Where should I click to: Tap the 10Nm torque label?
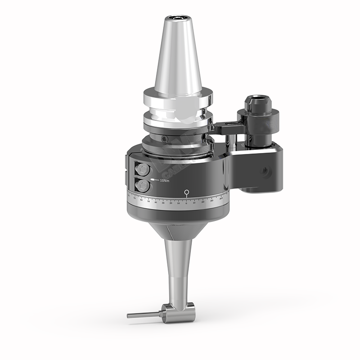coord(165,181)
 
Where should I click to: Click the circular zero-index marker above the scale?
coord(186,193)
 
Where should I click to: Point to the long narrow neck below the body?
coord(178,270)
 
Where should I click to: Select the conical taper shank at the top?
coord(176,58)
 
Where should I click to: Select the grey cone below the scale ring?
coord(178,229)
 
